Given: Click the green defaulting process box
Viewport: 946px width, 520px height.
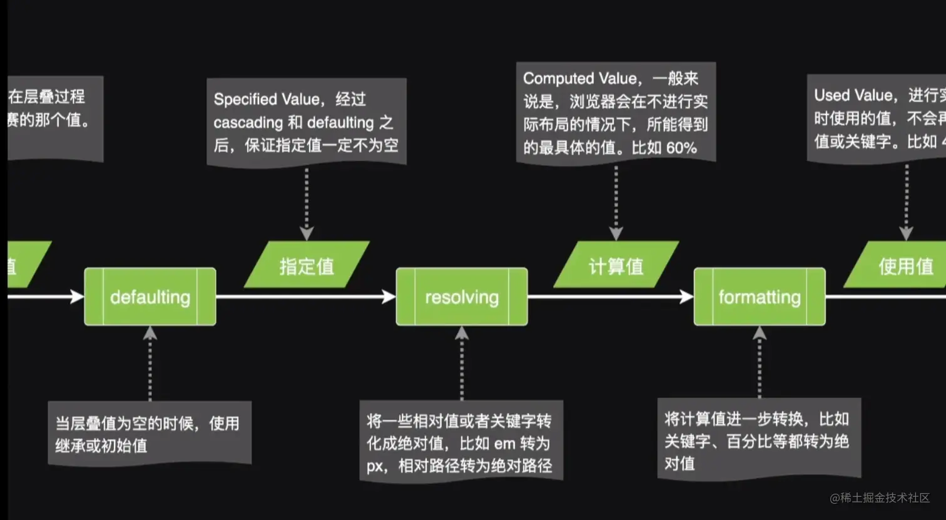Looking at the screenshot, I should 150,297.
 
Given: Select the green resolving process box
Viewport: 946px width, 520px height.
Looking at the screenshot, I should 462,297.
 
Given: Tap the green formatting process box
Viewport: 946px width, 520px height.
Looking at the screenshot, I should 760,297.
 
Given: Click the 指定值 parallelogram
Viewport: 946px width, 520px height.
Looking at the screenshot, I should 307,266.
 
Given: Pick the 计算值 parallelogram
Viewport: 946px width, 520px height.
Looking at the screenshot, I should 616,266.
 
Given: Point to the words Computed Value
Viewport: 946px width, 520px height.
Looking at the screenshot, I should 579,79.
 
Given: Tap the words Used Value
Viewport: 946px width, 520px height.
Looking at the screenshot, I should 853,95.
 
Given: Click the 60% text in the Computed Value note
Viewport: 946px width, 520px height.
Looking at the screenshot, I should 681,148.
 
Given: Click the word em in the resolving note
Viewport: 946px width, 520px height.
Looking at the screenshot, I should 505,444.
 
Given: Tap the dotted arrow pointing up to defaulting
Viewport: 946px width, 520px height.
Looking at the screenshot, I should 150,363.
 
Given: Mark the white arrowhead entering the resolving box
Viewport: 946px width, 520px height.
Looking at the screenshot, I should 389,297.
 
